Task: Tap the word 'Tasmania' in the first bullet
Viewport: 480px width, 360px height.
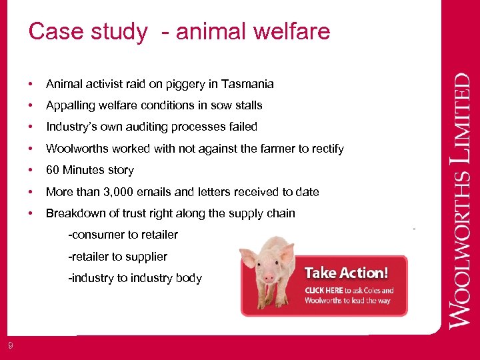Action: (249, 84)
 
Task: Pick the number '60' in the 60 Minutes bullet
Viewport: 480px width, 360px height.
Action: (53, 170)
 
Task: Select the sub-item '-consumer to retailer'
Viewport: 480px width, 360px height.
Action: (123, 235)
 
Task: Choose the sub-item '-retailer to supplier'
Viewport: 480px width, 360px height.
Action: (117, 257)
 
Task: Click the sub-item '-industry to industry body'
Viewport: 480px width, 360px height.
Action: (135, 278)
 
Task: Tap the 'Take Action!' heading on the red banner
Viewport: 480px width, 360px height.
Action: (346, 273)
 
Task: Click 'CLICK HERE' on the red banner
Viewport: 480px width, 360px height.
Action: (324, 291)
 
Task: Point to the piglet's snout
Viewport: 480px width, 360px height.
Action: (269, 275)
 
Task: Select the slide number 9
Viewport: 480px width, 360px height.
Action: (10, 345)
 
